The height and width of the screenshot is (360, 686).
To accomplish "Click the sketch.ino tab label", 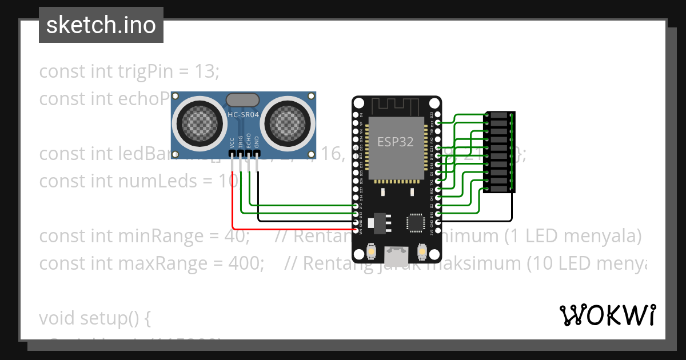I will (101, 25).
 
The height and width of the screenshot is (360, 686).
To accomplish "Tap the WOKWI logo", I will (607, 315).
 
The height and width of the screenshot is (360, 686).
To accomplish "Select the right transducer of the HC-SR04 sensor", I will (289, 122).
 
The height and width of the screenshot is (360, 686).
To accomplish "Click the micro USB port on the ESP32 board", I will (396, 252).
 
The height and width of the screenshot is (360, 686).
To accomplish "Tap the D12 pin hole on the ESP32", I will (356, 206).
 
